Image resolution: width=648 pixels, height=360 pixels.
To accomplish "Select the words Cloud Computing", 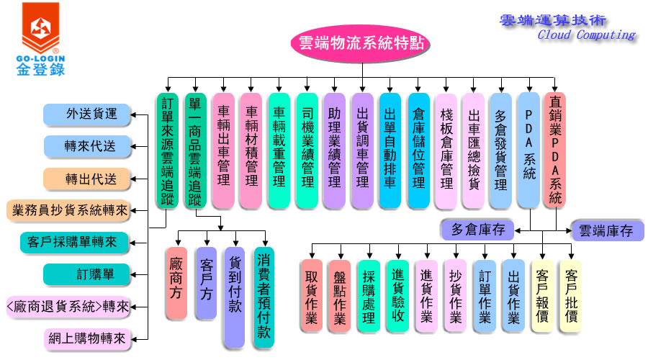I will (x=586, y=35).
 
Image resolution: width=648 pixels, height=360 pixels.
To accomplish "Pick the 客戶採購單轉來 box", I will (x=69, y=243).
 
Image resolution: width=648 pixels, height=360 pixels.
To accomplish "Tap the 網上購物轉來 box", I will (x=86, y=338).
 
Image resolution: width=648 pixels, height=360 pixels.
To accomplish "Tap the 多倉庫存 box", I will (x=478, y=230).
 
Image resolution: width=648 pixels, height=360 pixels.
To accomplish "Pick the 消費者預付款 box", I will (x=264, y=297).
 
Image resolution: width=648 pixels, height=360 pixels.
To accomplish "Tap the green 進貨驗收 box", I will (x=398, y=297).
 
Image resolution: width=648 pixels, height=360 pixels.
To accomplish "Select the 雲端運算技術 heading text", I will (x=552, y=19).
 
